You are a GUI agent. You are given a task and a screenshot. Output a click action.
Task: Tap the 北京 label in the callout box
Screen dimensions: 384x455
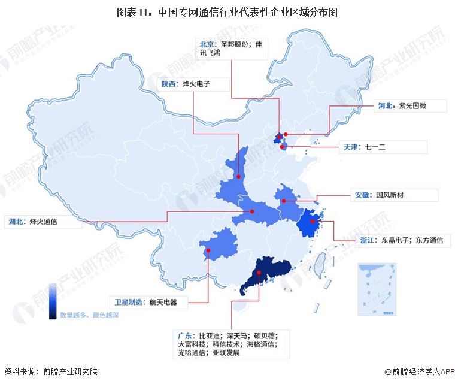(208, 44)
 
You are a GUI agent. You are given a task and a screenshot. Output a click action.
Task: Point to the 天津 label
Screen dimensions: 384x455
(351, 146)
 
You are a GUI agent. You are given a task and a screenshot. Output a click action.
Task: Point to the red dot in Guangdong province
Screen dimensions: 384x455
(258, 273)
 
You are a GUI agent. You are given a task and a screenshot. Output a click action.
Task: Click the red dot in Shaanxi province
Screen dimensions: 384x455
(238, 177)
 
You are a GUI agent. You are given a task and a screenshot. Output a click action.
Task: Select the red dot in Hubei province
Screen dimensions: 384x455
(252, 211)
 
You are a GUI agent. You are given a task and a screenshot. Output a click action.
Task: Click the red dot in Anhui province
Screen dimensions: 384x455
(284, 201)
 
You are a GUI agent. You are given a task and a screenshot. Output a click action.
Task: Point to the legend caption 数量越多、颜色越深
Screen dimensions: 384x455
(89, 314)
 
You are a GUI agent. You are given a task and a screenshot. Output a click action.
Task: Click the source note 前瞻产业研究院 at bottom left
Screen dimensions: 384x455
(69, 371)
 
